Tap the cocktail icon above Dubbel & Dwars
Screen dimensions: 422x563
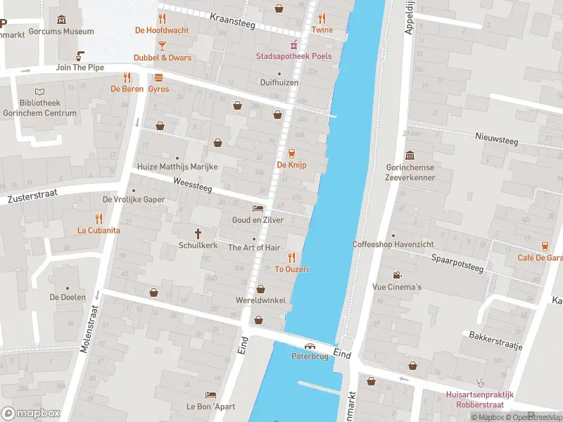coord(162,46)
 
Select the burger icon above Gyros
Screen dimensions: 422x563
coord(158,77)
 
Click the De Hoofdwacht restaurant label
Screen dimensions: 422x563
coord(162,30)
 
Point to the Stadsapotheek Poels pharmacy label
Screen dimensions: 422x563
coord(293,56)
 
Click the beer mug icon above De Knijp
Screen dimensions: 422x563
coord(291,153)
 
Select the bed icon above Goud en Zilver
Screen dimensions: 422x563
coord(258,208)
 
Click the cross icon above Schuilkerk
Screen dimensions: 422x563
coord(198,234)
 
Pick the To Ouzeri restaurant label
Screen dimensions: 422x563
coord(291,269)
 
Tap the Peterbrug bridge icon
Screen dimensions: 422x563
coord(310,346)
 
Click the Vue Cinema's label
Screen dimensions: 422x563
coord(397,287)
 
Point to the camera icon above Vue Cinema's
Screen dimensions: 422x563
coord(397,275)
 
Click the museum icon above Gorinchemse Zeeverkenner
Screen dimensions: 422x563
coord(410,155)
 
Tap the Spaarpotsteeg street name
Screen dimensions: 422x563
coord(457,262)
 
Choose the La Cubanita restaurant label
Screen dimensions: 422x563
coord(99,230)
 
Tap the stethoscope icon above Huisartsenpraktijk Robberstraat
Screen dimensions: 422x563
coord(481,383)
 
